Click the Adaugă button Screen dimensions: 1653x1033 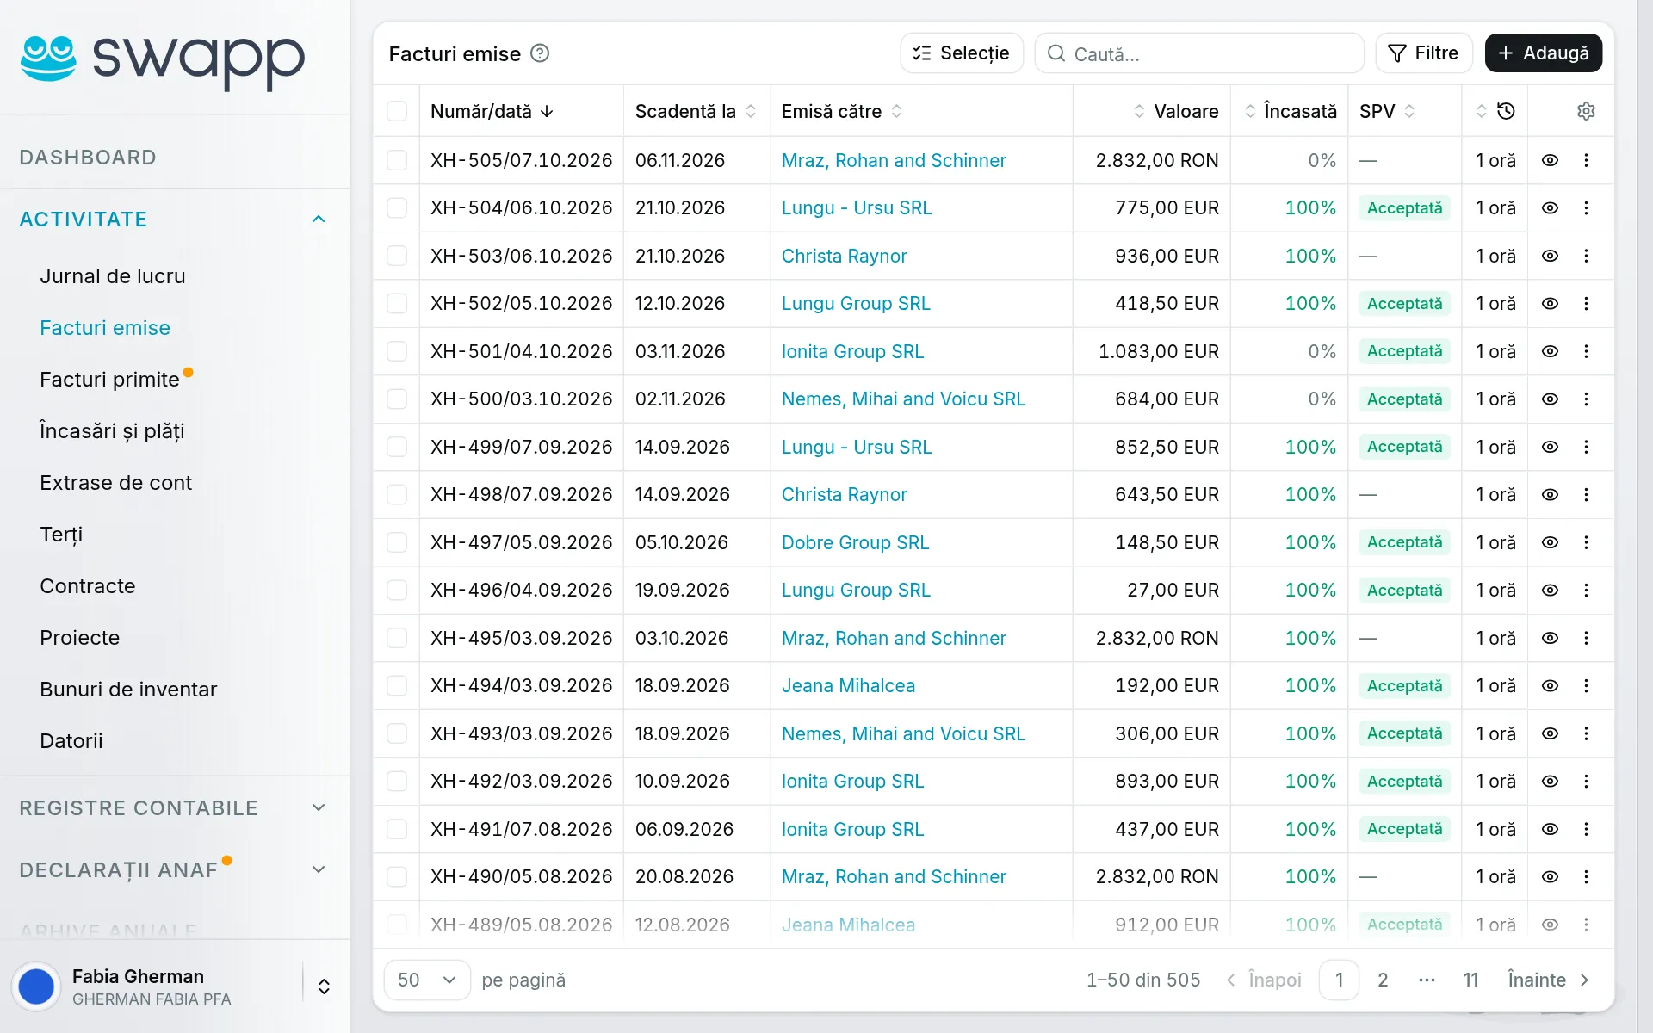coord(1543,53)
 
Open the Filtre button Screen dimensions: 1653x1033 coord(1424,53)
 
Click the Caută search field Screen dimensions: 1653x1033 coord(1199,53)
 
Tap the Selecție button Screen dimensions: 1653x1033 coord(962,53)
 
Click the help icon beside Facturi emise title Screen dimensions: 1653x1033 coord(540,53)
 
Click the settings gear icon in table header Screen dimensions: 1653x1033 coord(1586,111)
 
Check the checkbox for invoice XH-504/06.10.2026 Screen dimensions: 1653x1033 coord(397,208)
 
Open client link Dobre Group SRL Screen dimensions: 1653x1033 coord(855,542)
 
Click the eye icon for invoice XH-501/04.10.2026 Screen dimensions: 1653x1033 coord(1550,351)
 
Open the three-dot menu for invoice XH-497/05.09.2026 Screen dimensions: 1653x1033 coord(1586,542)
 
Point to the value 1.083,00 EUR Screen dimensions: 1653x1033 coord(1158,351)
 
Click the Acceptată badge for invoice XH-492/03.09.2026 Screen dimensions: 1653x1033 coord(1404,782)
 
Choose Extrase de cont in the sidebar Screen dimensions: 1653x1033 coord(115,483)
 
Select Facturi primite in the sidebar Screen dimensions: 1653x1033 coord(109,380)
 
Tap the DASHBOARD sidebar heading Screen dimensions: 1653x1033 coord(88,158)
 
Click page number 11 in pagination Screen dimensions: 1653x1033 coord(1470,980)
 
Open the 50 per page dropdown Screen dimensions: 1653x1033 coord(427,980)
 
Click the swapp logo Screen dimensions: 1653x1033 coord(163,60)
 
